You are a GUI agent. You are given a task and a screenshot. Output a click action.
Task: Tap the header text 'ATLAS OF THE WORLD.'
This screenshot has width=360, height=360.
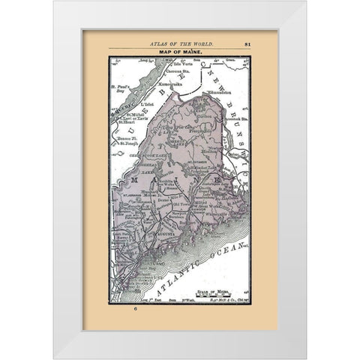pos(179,43)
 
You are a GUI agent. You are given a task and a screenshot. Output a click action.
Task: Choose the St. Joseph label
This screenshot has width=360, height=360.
pos(135,139)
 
